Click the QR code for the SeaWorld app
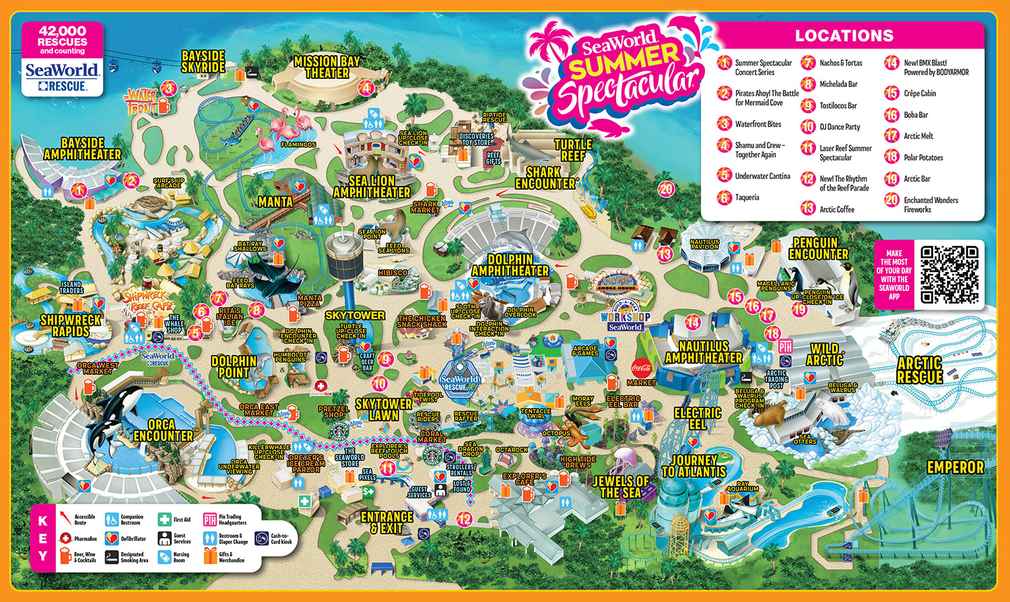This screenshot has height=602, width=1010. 949,274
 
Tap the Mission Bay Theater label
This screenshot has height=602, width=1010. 327,67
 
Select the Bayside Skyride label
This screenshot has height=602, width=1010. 203,61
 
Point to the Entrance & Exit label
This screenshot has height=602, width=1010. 387,522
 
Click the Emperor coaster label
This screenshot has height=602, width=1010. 955,467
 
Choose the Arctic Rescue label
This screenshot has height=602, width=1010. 919,370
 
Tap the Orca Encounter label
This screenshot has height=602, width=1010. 163,430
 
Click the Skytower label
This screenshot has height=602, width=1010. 355,315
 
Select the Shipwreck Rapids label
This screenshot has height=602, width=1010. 71,325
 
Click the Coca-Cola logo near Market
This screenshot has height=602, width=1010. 641,367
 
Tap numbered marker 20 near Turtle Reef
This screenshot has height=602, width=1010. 666,189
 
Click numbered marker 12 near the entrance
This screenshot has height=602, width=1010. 465,519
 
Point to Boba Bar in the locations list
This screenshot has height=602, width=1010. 916,115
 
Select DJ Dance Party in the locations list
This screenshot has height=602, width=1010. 840,127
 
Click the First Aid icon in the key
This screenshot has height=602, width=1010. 165,520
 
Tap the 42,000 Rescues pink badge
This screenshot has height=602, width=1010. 62,40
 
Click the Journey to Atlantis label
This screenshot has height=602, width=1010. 694,466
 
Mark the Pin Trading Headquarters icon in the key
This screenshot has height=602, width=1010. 210,520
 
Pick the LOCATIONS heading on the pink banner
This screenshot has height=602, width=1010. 844,36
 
